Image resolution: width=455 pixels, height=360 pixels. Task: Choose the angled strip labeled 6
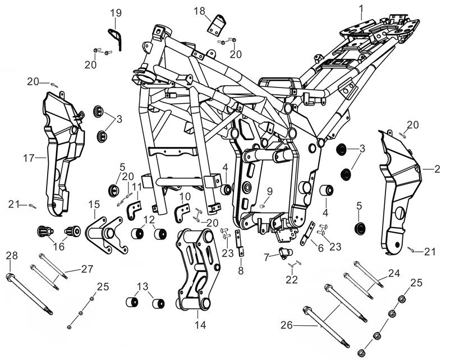(307, 233)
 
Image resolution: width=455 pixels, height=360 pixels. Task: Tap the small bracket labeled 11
(134, 212)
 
